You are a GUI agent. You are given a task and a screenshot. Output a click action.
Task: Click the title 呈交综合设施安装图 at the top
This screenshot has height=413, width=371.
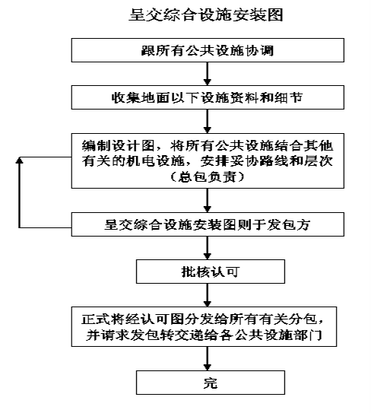(x=206, y=14)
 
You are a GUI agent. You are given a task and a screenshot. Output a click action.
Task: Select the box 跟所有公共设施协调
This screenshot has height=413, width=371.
(x=208, y=50)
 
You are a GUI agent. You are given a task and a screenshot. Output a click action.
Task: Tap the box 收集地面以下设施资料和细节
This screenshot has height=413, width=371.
(x=208, y=97)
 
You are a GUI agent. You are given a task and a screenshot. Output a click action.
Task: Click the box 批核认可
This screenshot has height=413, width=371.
(x=211, y=272)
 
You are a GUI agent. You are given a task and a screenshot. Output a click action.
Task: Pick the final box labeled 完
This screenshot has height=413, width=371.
(x=211, y=383)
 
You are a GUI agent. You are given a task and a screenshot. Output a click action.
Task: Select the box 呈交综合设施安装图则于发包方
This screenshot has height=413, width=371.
(x=208, y=224)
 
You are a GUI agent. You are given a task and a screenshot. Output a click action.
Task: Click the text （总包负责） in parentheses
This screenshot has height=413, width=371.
(x=208, y=177)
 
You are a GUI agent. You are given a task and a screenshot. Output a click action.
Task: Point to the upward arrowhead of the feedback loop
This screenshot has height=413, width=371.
(x=19, y=160)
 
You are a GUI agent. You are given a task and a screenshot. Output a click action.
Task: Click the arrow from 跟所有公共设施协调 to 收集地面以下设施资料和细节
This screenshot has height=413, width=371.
(x=208, y=74)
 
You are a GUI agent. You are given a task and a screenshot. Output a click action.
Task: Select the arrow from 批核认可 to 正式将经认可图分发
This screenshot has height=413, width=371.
(x=208, y=295)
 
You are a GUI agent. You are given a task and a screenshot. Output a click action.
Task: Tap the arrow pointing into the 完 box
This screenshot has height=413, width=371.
(x=208, y=358)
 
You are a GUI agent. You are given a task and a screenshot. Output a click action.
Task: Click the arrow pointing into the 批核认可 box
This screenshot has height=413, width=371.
(x=208, y=248)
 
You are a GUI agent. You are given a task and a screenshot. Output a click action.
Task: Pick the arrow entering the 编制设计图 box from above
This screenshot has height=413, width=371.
(x=208, y=122)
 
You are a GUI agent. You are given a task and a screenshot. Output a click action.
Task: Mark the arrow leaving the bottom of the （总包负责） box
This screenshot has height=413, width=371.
(x=208, y=201)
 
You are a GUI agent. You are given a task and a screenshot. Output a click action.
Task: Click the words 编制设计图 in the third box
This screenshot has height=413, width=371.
(x=119, y=146)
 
